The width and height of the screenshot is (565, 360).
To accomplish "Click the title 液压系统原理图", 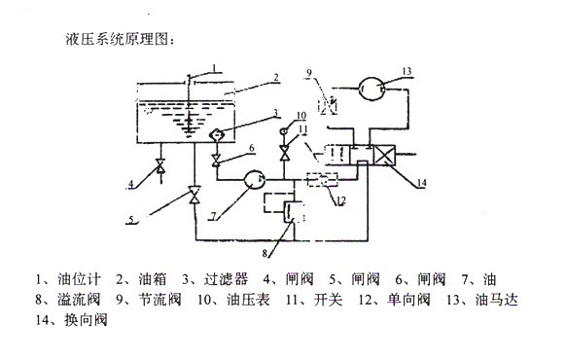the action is (x=117, y=39).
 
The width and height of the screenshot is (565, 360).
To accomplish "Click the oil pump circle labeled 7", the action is (x=255, y=179).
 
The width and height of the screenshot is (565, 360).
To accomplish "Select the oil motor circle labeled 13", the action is (x=371, y=88).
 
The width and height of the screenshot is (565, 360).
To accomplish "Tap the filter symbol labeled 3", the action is (x=217, y=135).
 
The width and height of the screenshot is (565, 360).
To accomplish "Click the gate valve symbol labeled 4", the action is (x=160, y=165).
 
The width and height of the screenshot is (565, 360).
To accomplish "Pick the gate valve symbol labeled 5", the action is (x=194, y=195).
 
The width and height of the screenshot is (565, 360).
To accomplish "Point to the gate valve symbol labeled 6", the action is (x=216, y=160).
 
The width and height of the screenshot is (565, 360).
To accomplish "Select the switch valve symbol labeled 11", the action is (x=284, y=153).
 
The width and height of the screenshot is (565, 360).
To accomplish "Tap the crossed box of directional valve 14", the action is (x=384, y=155).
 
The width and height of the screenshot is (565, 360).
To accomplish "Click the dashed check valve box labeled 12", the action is (x=323, y=179).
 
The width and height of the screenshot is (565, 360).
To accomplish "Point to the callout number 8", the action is (x=265, y=253).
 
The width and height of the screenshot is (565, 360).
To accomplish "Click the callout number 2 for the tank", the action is (x=275, y=77).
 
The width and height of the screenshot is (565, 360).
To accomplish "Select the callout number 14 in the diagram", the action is (x=421, y=183).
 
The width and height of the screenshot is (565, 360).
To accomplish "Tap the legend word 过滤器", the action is (x=226, y=279).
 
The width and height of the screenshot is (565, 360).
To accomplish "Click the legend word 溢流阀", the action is (x=79, y=300).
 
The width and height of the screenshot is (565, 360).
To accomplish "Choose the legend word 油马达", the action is (x=497, y=300).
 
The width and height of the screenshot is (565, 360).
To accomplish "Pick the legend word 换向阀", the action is (x=87, y=320).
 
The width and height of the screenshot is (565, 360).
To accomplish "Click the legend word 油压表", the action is (x=248, y=300).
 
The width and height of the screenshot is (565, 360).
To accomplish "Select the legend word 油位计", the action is (x=80, y=279).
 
